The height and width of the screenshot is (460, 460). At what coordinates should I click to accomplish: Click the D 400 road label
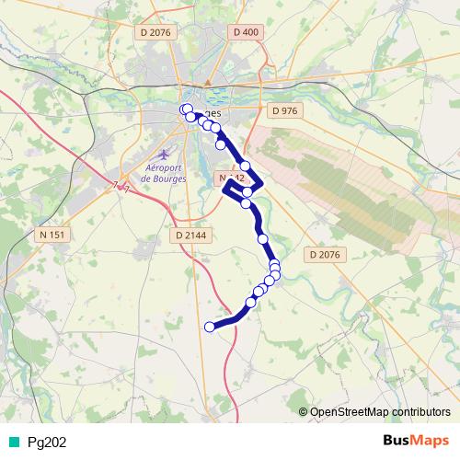pyautogui.click(x=246, y=32)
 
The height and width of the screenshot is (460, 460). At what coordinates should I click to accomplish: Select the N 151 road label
pyautogui.click(x=52, y=235)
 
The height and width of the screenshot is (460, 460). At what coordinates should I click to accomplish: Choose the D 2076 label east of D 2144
pyautogui.click(x=324, y=254)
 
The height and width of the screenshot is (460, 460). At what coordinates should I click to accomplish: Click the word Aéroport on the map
pyautogui.click(x=165, y=167)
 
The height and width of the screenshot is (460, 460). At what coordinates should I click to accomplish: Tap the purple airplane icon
pyautogui.click(x=164, y=153)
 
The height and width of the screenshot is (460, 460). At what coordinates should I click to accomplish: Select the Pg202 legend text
pyautogui.click(x=47, y=442)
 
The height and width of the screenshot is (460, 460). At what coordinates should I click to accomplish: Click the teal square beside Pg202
pyautogui.click(x=12, y=442)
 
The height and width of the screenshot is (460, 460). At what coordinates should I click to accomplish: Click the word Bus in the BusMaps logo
pyautogui.click(x=395, y=441)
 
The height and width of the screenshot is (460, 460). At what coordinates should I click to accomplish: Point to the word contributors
pyautogui.click(x=422, y=412)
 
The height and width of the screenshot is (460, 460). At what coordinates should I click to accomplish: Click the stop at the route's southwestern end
pyautogui.click(x=210, y=327)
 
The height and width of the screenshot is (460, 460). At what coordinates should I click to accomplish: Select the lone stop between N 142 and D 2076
pyautogui.click(x=263, y=239)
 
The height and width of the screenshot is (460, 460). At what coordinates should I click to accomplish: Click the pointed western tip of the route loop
pyautogui.click(x=224, y=188)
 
